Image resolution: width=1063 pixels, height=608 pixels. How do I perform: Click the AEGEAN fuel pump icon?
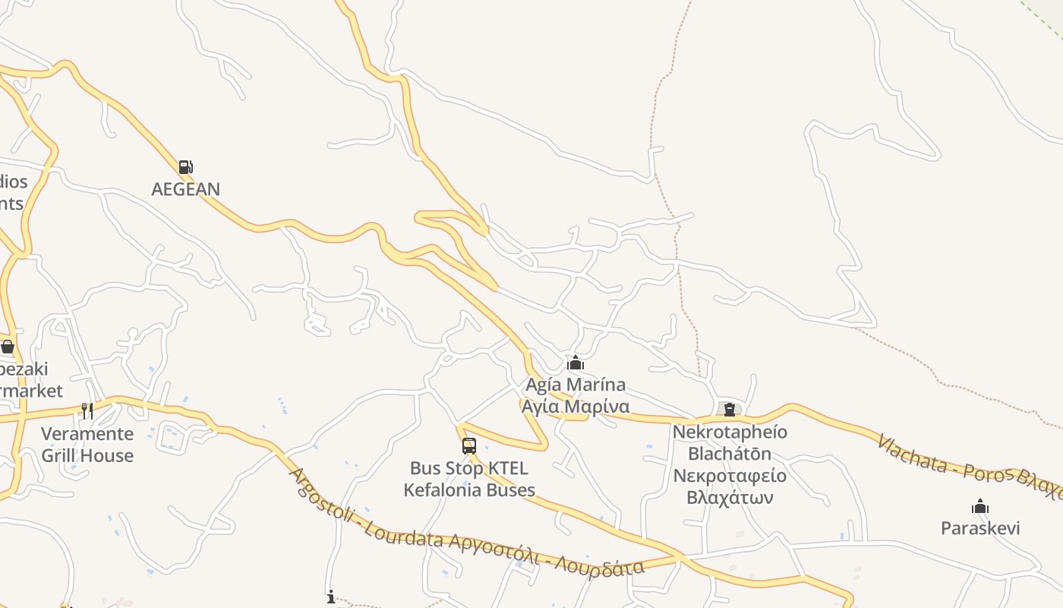click(185, 167)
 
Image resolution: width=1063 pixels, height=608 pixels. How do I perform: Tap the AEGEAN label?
click(185, 189)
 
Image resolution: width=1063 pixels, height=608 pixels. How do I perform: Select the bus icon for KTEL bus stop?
click(469, 446)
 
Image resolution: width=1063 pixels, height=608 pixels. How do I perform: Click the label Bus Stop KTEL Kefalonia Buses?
click(469, 479)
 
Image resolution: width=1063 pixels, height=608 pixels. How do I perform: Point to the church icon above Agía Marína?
click(576, 363)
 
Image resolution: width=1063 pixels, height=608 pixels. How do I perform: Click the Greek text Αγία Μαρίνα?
click(576, 406)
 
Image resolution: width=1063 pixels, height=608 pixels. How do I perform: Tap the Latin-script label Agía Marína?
click(576, 385)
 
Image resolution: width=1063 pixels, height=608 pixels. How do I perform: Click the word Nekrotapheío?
click(730, 432)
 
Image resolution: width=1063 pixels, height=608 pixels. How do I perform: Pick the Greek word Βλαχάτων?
click(730, 498)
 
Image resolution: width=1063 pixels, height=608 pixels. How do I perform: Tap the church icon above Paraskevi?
click(980, 506)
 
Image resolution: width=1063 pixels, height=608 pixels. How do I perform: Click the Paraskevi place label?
click(980, 528)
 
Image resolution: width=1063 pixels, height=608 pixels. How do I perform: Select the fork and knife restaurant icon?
click(87, 411)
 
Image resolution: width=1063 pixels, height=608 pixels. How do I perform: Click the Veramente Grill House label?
click(87, 445)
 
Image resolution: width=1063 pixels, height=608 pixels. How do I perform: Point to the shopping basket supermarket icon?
click(8, 347)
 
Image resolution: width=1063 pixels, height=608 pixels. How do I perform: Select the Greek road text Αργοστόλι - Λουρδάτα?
click(547, 559)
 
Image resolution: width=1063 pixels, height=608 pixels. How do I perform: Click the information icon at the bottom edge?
click(331, 597)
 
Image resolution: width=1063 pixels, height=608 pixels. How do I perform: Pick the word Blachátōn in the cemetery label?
click(730, 454)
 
